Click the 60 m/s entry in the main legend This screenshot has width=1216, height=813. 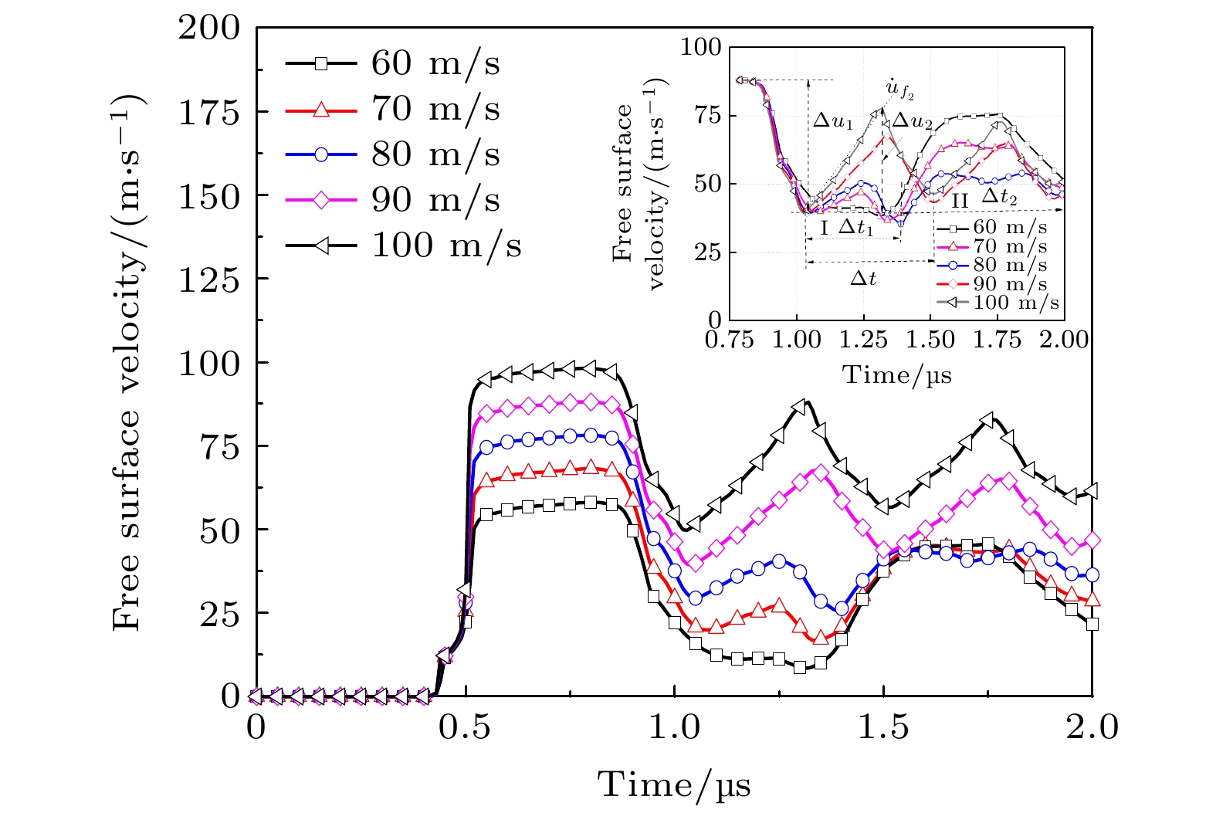click(435, 64)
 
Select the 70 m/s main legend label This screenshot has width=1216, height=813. click(435, 110)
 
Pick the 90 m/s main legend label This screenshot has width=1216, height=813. click(435, 200)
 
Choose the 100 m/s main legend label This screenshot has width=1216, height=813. click(446, 246)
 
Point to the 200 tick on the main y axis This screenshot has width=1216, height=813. click(209, 29)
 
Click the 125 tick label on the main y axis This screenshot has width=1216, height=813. click(209, 279)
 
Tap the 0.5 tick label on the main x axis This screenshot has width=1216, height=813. click(466, 727)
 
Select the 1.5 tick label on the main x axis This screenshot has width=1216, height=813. click(883, 727)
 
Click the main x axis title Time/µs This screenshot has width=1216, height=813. click(674, 785)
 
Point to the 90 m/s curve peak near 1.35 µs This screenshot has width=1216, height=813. click(821, 472)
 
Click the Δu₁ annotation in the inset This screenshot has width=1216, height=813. click(833, 122)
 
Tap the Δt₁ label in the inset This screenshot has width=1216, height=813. click(855, 228)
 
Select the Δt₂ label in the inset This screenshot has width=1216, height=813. click(999, 198)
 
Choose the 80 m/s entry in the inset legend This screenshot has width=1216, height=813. click(1009, 266)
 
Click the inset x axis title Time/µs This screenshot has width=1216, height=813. click(896, 375)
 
